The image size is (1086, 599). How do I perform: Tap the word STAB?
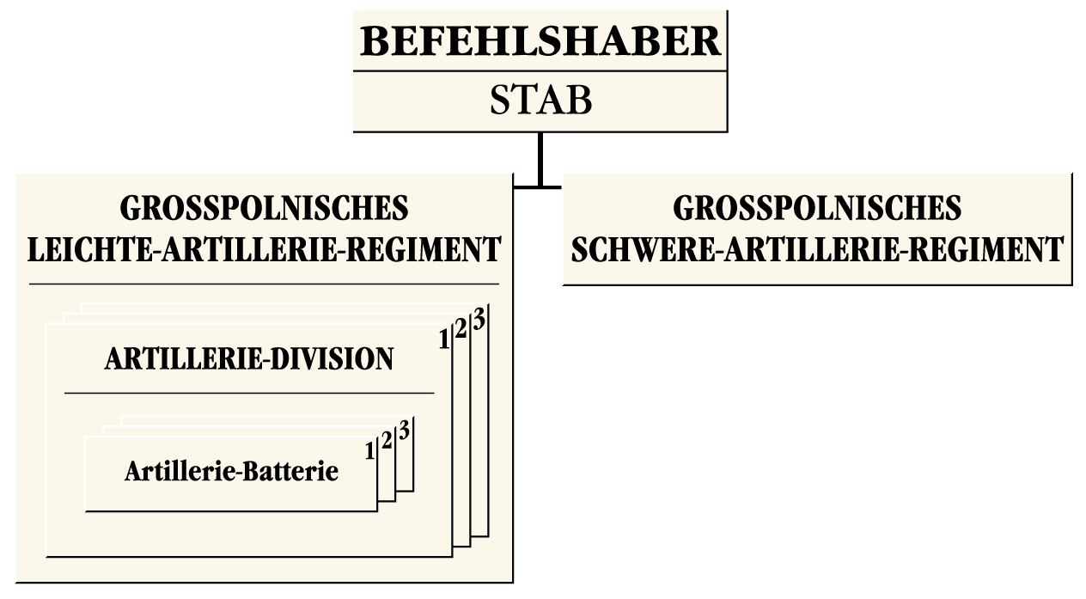click(x=540, y=101)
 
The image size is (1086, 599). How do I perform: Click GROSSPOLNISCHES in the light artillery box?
click(x=264, y=208)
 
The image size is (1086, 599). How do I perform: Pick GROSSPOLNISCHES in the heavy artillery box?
click(x=817, y=208)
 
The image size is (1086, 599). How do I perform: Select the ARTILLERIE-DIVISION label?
click(x=249, y=359)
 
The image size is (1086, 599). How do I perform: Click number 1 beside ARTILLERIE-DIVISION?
click(x=443, y=340)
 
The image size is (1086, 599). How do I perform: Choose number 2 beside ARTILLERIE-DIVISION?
click(x=461, y=330)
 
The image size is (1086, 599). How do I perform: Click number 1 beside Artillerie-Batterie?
click(x=370, y=450)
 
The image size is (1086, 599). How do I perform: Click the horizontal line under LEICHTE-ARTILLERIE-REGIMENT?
click(x=264, y=283)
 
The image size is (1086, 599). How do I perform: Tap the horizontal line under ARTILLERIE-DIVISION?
click(x=249, y=393)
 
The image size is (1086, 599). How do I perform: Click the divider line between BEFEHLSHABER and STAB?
click(x=540, y=72)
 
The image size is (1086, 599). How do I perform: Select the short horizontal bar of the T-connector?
click(x=537, y=185)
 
